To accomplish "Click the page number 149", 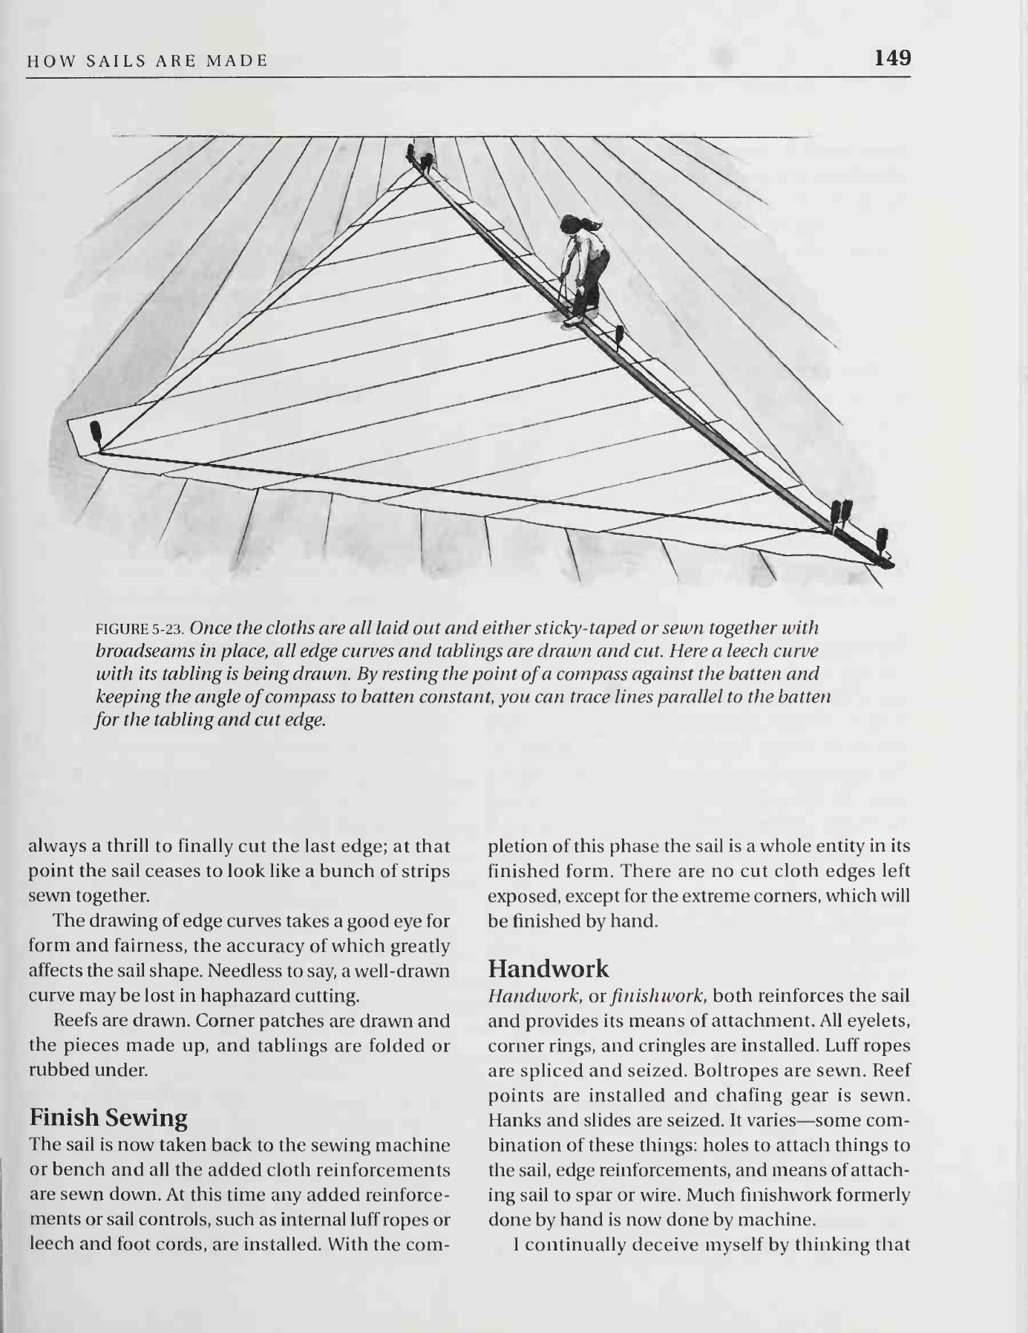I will (x=892, y=58).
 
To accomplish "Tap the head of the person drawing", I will (x=572, y=224).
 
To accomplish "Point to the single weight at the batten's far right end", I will (x=882, y=542).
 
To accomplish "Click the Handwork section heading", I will (x=549, y=968).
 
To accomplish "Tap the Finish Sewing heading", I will (x=108, y=1118).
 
